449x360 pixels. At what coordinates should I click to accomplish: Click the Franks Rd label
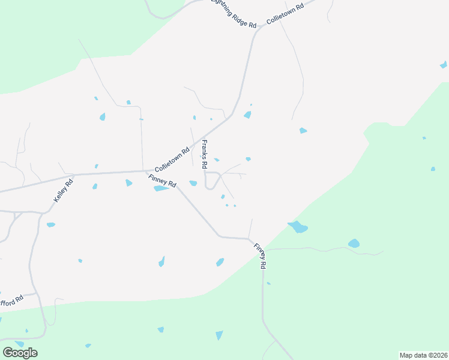(x=205, y=154)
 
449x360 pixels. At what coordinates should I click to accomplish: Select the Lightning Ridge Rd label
(x=235, y=13)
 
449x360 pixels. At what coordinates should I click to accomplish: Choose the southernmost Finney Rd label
(x=260, y=256)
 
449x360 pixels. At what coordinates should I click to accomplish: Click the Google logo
(x=20, y=352)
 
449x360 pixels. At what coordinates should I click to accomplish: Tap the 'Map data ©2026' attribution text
(x=423, y=355)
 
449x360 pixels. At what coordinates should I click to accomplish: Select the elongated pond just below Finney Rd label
(x=160, y=188)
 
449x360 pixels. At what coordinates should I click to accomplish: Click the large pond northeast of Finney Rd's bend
(x=297, y=227)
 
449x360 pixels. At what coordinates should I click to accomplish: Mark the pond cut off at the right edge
(x=444, y=64)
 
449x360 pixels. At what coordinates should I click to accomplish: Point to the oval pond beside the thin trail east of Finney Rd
(x=354, y=244)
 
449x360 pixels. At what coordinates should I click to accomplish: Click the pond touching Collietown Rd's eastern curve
(x=247, y=115)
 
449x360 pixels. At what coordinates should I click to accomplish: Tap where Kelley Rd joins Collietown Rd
(x=73, y=176)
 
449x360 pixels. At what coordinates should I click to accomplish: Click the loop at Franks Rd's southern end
(x=210, y=180)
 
